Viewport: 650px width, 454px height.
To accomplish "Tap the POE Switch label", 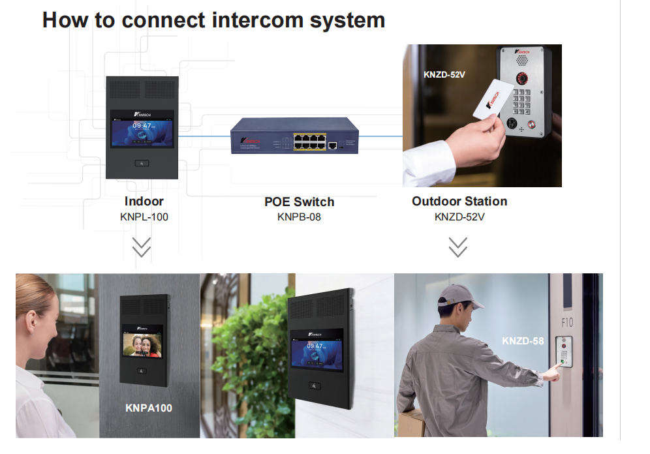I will [x=299, y=202].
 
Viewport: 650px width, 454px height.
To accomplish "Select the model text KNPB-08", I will [x=299, y=217].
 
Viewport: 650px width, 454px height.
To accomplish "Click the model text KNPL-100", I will [x=144, y=217].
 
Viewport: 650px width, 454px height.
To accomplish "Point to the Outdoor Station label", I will [x=459, y=201].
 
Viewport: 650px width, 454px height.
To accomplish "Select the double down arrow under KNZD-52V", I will [x=458, y=247].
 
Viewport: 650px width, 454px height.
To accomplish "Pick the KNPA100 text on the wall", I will [x=149, y=408].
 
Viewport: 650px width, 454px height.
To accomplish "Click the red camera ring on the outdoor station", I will [x=522, y=78].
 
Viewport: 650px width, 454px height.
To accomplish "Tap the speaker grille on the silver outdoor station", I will [x=521, y=59].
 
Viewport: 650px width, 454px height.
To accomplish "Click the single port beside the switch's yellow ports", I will [x=333, y=145].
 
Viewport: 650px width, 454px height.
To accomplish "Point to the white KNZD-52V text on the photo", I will [x=444, y=74].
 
